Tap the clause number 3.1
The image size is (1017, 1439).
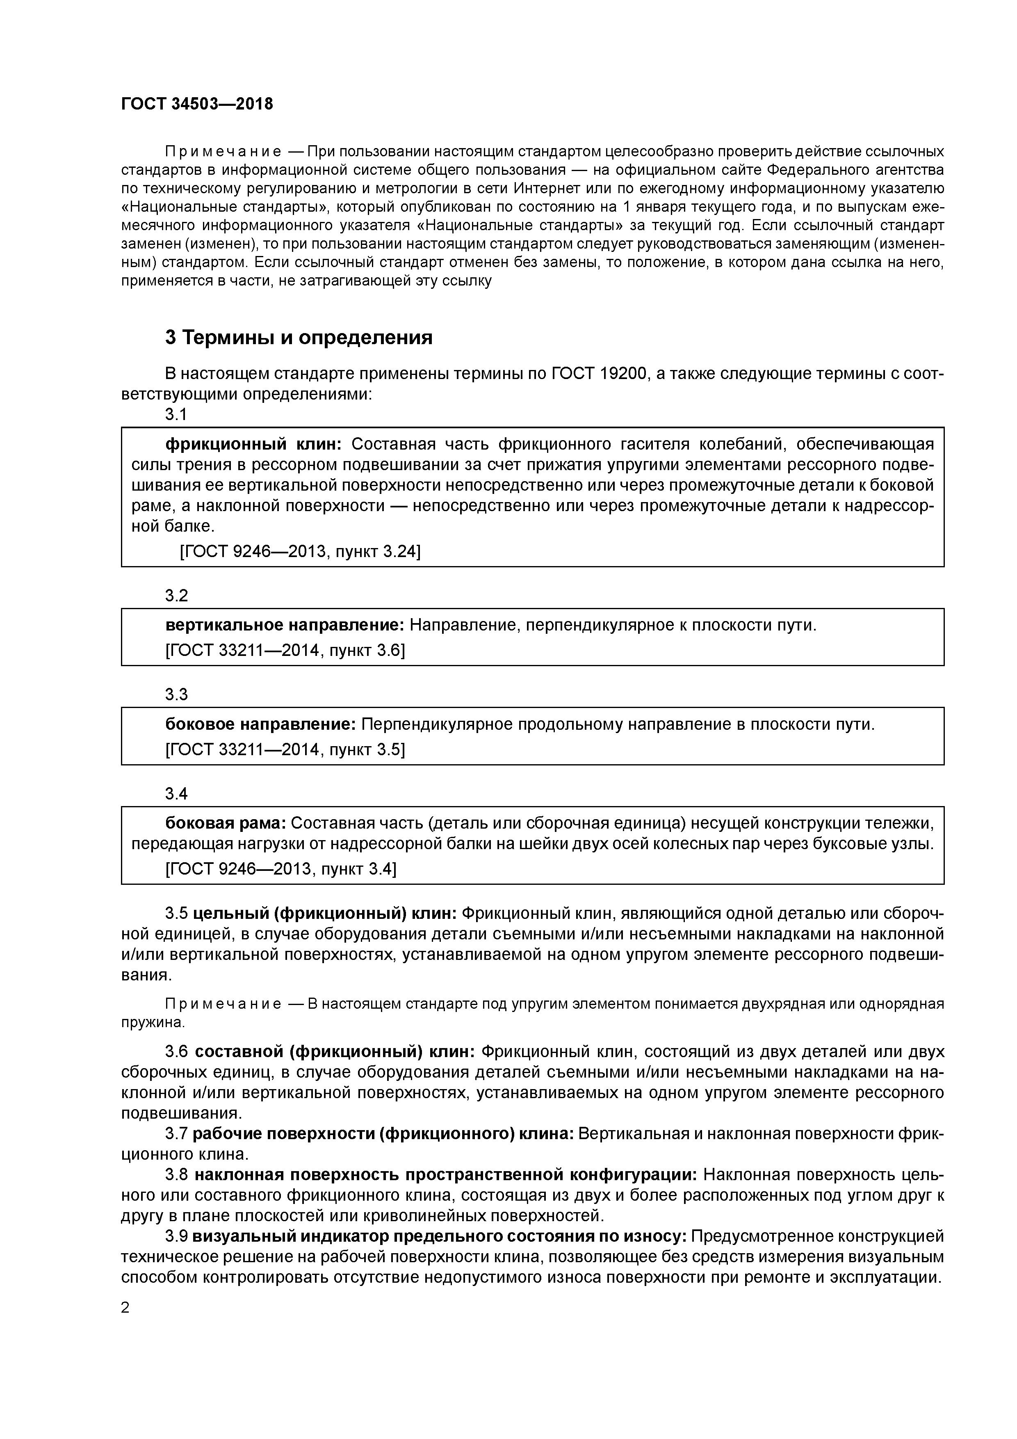click(x=176, y=414)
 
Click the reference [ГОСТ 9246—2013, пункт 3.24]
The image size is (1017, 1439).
click(x=300, y=552)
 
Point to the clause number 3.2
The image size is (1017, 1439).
click(x=176, y=595)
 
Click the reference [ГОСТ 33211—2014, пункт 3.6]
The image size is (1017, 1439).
click(x=285, y=651)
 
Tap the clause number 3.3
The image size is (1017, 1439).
click(x=176, y=694)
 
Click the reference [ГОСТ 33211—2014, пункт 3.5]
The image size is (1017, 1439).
click(x=285, y=749)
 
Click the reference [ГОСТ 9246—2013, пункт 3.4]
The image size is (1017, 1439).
click(x=281, y=869)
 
